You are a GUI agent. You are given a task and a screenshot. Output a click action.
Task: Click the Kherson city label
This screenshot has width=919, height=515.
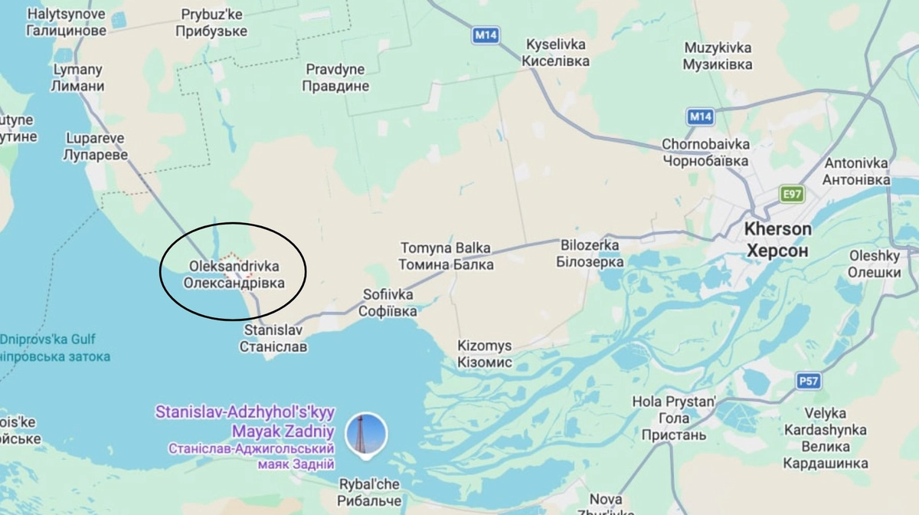777,239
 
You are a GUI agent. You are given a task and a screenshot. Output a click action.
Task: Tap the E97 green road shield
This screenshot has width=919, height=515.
792,194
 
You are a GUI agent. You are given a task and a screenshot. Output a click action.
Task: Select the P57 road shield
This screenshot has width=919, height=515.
807,380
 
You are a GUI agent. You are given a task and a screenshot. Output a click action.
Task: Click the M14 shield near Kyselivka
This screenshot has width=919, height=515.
484,34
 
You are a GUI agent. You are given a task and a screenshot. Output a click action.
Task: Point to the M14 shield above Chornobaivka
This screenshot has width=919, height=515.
700,116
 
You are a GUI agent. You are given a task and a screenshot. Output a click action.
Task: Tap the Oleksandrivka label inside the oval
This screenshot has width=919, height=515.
234,274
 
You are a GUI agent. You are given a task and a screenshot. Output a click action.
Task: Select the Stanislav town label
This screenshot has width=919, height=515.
273,338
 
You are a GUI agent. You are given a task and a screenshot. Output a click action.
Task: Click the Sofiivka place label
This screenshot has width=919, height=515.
389,303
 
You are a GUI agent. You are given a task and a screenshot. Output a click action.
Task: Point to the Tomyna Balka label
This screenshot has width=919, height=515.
446,256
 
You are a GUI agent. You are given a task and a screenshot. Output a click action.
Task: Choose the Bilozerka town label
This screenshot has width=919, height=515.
590,253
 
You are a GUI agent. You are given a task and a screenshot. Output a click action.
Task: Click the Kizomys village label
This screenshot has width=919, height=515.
484,354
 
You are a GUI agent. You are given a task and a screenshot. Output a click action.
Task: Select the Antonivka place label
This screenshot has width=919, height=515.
856,172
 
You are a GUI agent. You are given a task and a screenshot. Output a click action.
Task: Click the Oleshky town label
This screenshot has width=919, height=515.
875,264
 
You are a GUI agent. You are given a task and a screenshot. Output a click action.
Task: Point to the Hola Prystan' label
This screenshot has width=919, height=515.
673,418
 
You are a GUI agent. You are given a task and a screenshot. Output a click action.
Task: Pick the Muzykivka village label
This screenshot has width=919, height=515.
718,56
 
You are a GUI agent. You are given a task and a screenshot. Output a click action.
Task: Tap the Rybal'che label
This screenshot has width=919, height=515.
370,492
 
